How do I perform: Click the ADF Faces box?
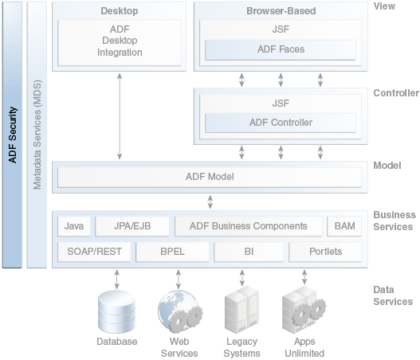coord(281,50)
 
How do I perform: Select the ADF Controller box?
coord(281,123)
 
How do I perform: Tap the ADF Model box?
coord(210,177)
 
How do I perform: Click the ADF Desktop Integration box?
coord(120,42)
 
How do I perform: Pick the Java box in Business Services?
coord(74,226)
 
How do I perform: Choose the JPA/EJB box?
coord(132,226)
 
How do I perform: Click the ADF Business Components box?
coord(249,226)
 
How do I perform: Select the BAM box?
coord(344,226)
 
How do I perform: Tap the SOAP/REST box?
coord(94,252)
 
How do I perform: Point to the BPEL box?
coord(172,252)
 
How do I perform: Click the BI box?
coord(249,252)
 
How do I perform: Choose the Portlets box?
coord(325,252)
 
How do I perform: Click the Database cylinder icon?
coord(117,312)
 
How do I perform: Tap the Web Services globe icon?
coord(180,311)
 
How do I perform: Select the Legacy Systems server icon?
coord(241,310)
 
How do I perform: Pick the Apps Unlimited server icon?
coord(304,310)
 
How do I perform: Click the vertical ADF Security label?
coord(13,135)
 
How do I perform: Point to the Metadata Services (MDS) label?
coord(37,135)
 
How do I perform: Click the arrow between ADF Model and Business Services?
coord(210,202)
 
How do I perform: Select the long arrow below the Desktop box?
coord(120,116)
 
